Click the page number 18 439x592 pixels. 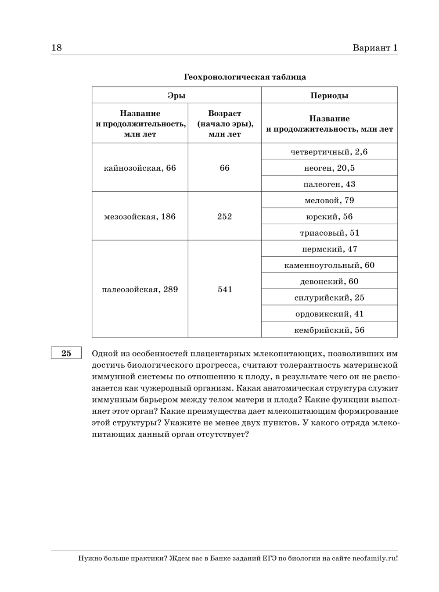(57, 48)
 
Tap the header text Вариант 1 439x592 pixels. (375, 48)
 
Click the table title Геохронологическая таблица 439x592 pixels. (245, 77)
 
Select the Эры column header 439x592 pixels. (176, 95)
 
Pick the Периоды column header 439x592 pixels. (329, 95)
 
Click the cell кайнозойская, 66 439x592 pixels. (140, 168)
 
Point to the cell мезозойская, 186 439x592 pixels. (140, 216)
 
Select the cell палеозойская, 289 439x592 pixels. (140, 289)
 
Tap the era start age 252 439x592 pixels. (224, 216)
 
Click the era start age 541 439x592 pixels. (225, 289)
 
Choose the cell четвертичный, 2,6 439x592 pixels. (329, 152)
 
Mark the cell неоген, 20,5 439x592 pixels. (329, 168)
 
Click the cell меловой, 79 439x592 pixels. (329, 201)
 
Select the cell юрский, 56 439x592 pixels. (329, 217)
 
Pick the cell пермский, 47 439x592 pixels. (329, 249)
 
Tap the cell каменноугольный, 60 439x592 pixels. (329, 265)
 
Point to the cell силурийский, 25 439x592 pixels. (329, 298)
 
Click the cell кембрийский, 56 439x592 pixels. (329, 330)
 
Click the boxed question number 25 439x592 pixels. (66, 353)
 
